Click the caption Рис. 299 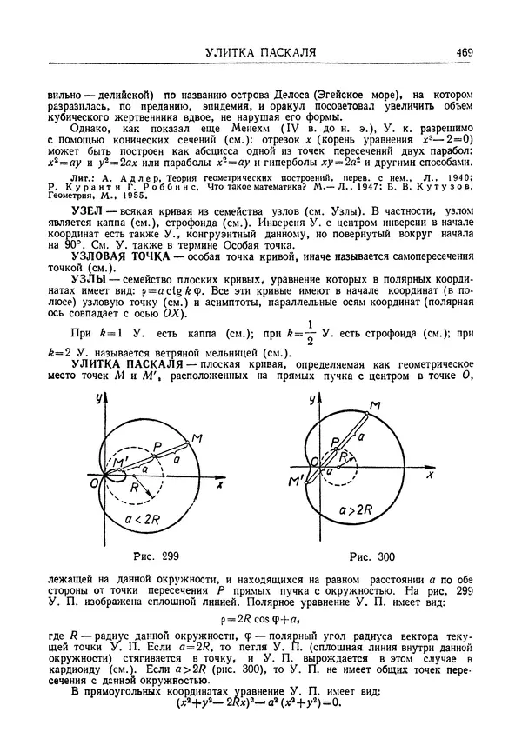tap(158, 555)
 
